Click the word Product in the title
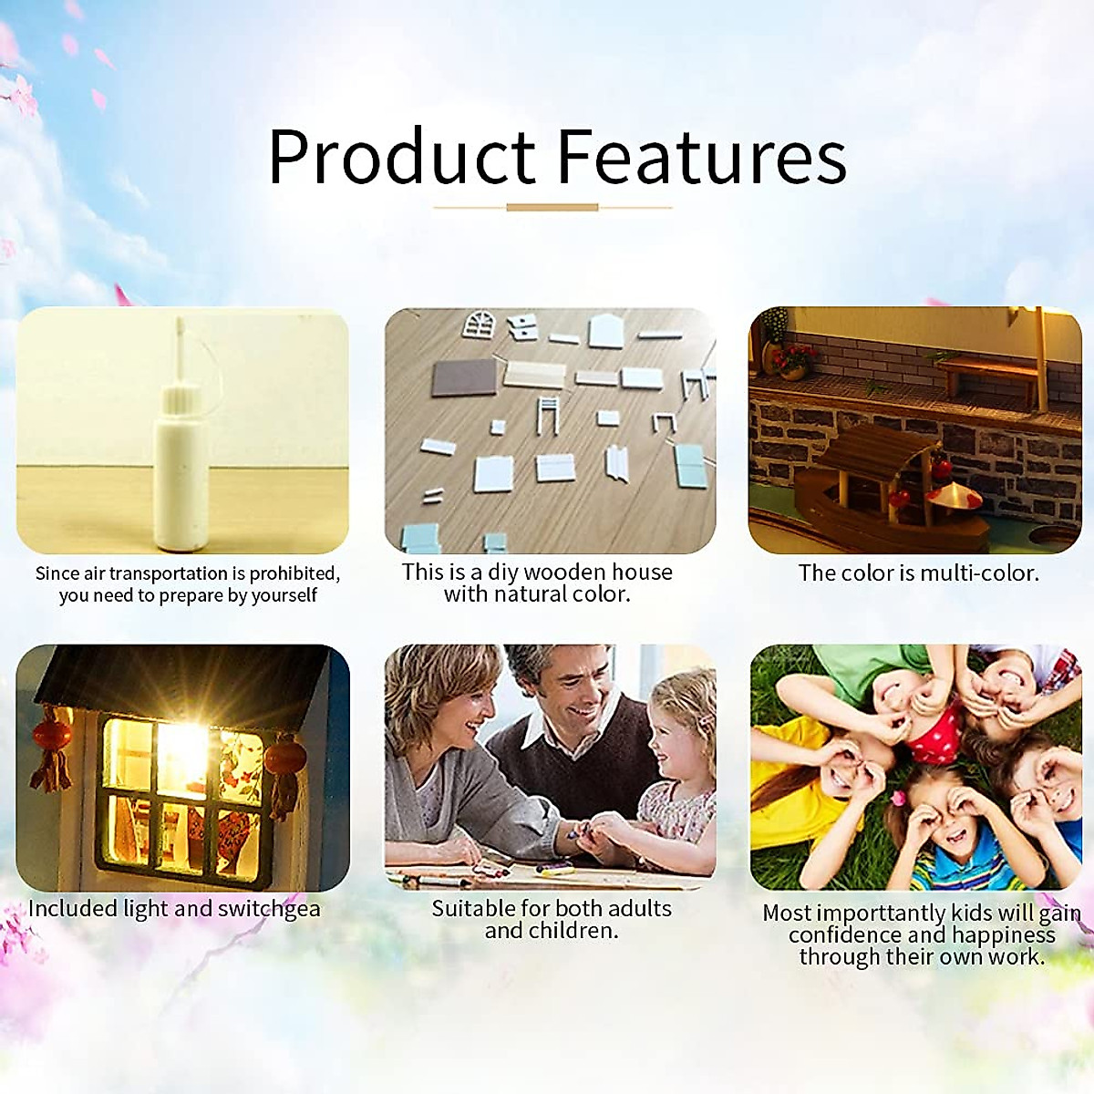(x=401, y=156)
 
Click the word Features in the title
(x=702, y=156)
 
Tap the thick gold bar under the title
(x=552, y=207)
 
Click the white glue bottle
(x=181, y=449)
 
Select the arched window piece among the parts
(x=479, y=325)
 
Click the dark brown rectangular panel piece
(x=464, y=377)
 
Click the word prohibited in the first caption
(x=294, y=574)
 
